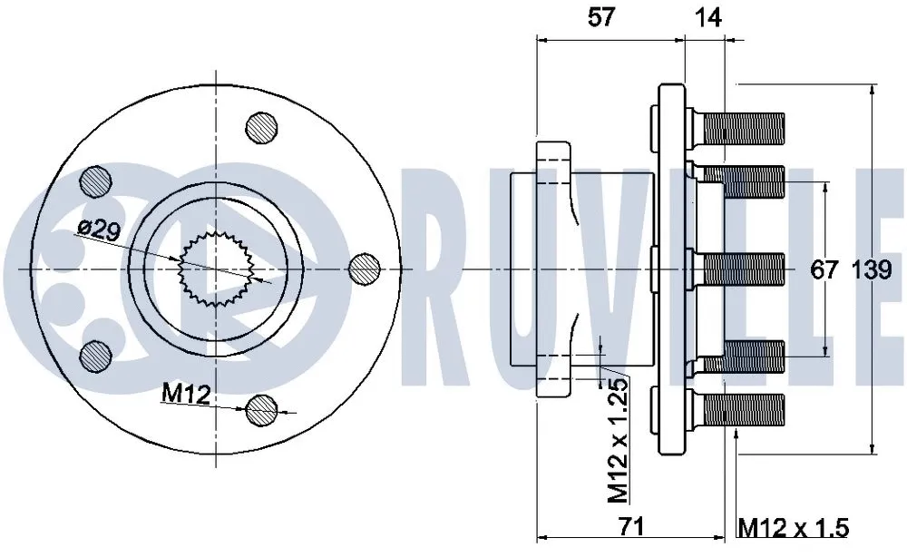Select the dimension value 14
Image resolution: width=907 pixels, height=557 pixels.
coord(708,17)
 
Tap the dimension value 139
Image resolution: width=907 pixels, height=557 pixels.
coord(872,269)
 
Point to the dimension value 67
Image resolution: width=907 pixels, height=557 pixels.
coord(824,269)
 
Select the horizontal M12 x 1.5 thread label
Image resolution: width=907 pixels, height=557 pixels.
coord(793,526)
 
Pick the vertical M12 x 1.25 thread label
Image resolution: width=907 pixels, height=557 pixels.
coord(617,440)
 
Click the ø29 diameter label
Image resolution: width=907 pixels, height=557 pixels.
coord(99,229)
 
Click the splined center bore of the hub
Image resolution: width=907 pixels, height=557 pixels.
coord(216,269)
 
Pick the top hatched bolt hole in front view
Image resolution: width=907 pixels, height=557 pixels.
coord(262,126)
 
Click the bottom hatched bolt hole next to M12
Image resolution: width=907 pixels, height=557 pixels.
coord(262,409)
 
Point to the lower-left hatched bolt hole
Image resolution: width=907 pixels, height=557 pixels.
coord(94,355)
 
